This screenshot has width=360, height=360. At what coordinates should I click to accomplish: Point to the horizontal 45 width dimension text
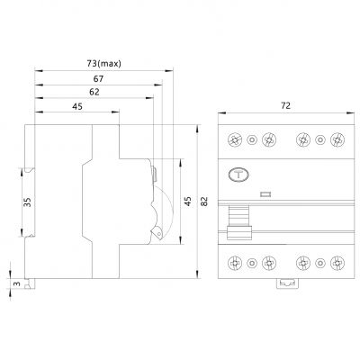coord(79,107)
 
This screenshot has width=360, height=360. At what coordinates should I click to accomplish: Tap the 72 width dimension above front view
coord(285,107)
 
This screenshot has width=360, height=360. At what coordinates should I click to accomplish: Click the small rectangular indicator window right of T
coord(265,193)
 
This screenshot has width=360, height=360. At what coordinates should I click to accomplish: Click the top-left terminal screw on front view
coord(237,139)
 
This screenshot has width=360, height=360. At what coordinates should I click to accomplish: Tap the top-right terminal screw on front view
coord(336,139)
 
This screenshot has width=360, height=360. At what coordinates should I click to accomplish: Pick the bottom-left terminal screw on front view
coord(237,264)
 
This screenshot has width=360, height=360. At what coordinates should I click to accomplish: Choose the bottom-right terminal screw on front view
coord(336,264)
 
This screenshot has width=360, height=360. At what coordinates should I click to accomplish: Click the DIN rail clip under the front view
coord(286,283)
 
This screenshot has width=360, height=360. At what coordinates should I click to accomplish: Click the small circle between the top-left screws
coord(252,139)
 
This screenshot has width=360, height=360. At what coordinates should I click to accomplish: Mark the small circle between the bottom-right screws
coord(320,264)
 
